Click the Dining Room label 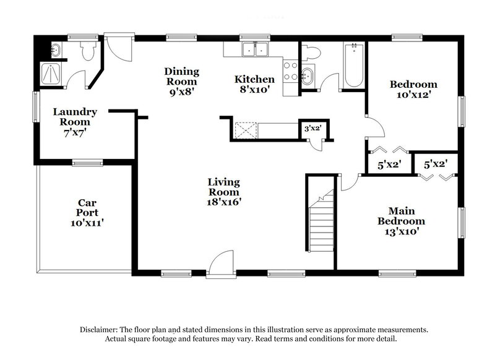181,81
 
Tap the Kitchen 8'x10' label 254,84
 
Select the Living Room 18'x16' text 223,191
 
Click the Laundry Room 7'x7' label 74,122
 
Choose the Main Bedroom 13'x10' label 401,221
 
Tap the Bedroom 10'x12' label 413,90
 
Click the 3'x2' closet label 311,129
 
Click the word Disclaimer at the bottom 101,330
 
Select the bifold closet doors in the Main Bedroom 436,176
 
